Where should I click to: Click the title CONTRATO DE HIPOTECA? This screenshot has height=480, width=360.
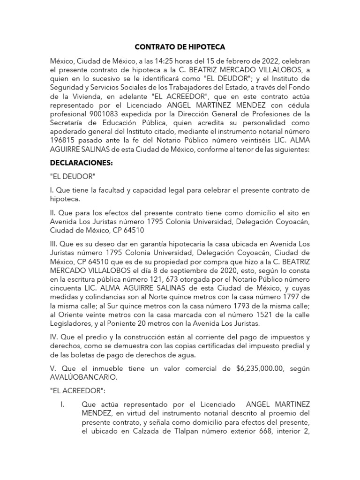(180, 47)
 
